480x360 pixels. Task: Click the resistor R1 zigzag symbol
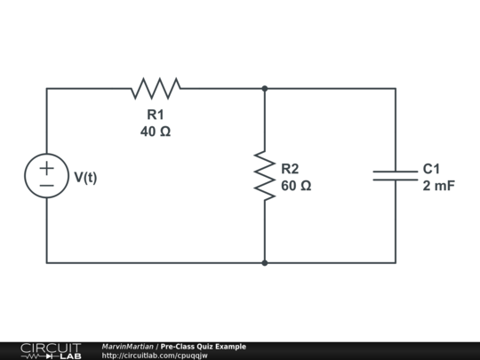tap(156, 88)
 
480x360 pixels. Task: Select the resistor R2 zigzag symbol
tap(264, 175)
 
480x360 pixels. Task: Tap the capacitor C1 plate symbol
tap(395, 175)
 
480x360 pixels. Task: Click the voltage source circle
tap(46, 175)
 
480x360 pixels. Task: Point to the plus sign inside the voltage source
tap(46, 166)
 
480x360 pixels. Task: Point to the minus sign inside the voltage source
tap(46, 185)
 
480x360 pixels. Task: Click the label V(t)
tap(85, 177)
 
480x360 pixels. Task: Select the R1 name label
tap(156, 115)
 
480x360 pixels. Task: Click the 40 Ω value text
tap(156, 132)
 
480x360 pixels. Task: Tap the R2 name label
tap(290, 169)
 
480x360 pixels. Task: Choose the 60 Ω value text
tap(296, 186)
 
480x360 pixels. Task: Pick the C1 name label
tap(431, 169)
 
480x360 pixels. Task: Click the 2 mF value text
tap(438, 186)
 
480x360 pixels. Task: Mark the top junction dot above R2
tap(264, 88)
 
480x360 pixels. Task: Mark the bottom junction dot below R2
tap(264, 262)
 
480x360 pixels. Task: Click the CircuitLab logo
tap(50, 350)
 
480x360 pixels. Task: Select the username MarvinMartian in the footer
tap(128, 347)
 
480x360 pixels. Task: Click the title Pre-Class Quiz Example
tap(204, 347)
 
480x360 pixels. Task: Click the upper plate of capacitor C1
tap(395, 171)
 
